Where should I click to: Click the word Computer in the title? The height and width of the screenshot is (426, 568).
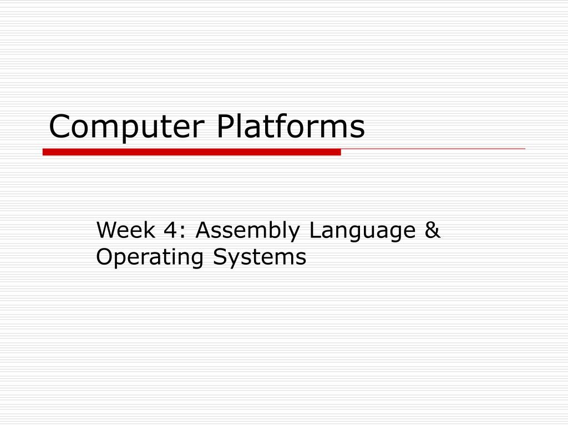(x=128, y=128)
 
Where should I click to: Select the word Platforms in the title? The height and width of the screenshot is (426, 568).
(x=290, y=128)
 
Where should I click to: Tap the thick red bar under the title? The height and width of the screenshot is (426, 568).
(x=191, y=152)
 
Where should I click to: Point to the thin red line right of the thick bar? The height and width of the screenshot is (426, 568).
(x=433, y=149)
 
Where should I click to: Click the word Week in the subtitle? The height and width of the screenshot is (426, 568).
(x=125, y=230)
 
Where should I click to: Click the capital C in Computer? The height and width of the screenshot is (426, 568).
(x=59, y=127)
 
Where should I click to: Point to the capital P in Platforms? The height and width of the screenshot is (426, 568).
(x=225, y=127)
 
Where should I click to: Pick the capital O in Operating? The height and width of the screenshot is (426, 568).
(x=104, y=257)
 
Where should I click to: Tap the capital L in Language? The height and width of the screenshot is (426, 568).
(x=315, y=230)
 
